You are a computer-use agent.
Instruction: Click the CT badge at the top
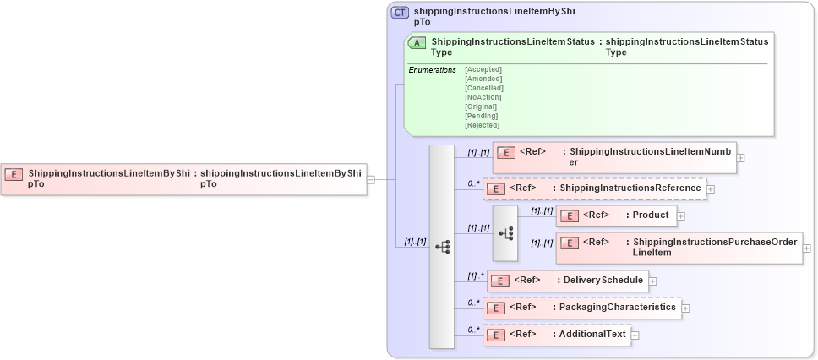pos(401,13)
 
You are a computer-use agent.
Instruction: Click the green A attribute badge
pos(417,43)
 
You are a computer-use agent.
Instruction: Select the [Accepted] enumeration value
pos(483,69)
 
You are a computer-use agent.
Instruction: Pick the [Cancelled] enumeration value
pos(484,88)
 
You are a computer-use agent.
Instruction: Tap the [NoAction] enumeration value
pos(483,97)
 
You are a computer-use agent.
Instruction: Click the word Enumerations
pos(432,69)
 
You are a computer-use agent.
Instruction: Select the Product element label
pos(651,215)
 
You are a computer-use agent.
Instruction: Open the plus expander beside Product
pos(681,216)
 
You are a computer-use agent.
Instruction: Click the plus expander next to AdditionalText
pos(635,335)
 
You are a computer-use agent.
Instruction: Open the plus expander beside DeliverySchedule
pos(652,281)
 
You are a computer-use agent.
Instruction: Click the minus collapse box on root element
pos(371,179)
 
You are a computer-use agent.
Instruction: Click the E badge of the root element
pos(14,174)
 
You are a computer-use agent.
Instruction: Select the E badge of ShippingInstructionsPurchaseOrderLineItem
pos(570,243)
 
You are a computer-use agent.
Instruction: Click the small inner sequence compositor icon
pos(504,232)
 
